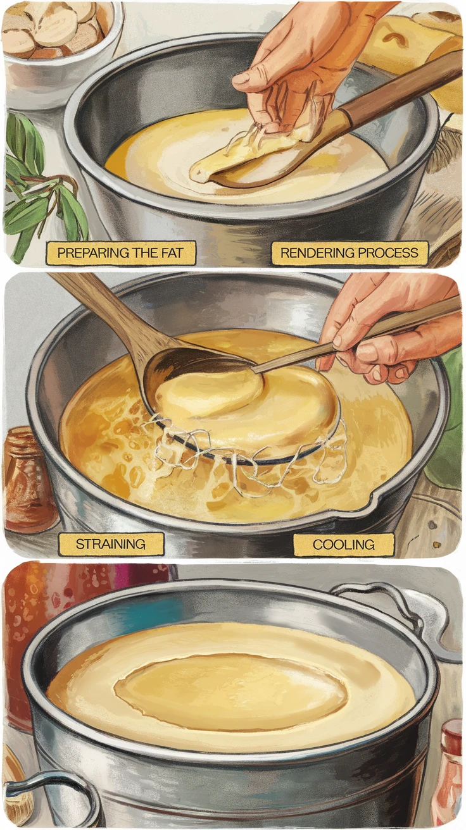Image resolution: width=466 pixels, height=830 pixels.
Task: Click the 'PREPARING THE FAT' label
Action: [121, 253]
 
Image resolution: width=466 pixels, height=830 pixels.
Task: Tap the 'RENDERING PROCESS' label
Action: [349, 253]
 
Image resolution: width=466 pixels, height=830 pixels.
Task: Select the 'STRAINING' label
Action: [111, 544]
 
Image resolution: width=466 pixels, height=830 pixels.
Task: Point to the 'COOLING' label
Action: [343, 545]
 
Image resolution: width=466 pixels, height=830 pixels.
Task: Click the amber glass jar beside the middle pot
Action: [28, 478]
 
